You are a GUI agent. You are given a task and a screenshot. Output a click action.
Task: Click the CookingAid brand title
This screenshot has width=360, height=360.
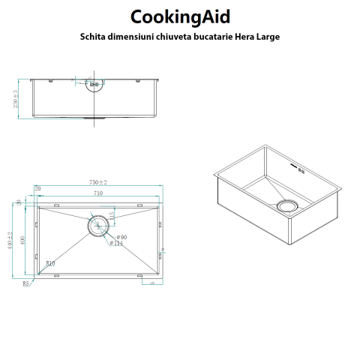179,16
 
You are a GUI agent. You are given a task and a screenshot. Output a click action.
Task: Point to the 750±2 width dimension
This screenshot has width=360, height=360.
98,182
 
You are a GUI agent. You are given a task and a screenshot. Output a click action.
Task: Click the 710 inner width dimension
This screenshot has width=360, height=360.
98,193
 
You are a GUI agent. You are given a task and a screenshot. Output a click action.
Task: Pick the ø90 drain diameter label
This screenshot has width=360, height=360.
119,236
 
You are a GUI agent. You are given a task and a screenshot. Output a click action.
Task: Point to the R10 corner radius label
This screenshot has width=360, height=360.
50,264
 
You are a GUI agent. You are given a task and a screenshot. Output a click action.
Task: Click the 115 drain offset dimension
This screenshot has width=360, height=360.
111,216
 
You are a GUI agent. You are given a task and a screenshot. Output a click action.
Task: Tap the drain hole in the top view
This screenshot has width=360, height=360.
97,225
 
